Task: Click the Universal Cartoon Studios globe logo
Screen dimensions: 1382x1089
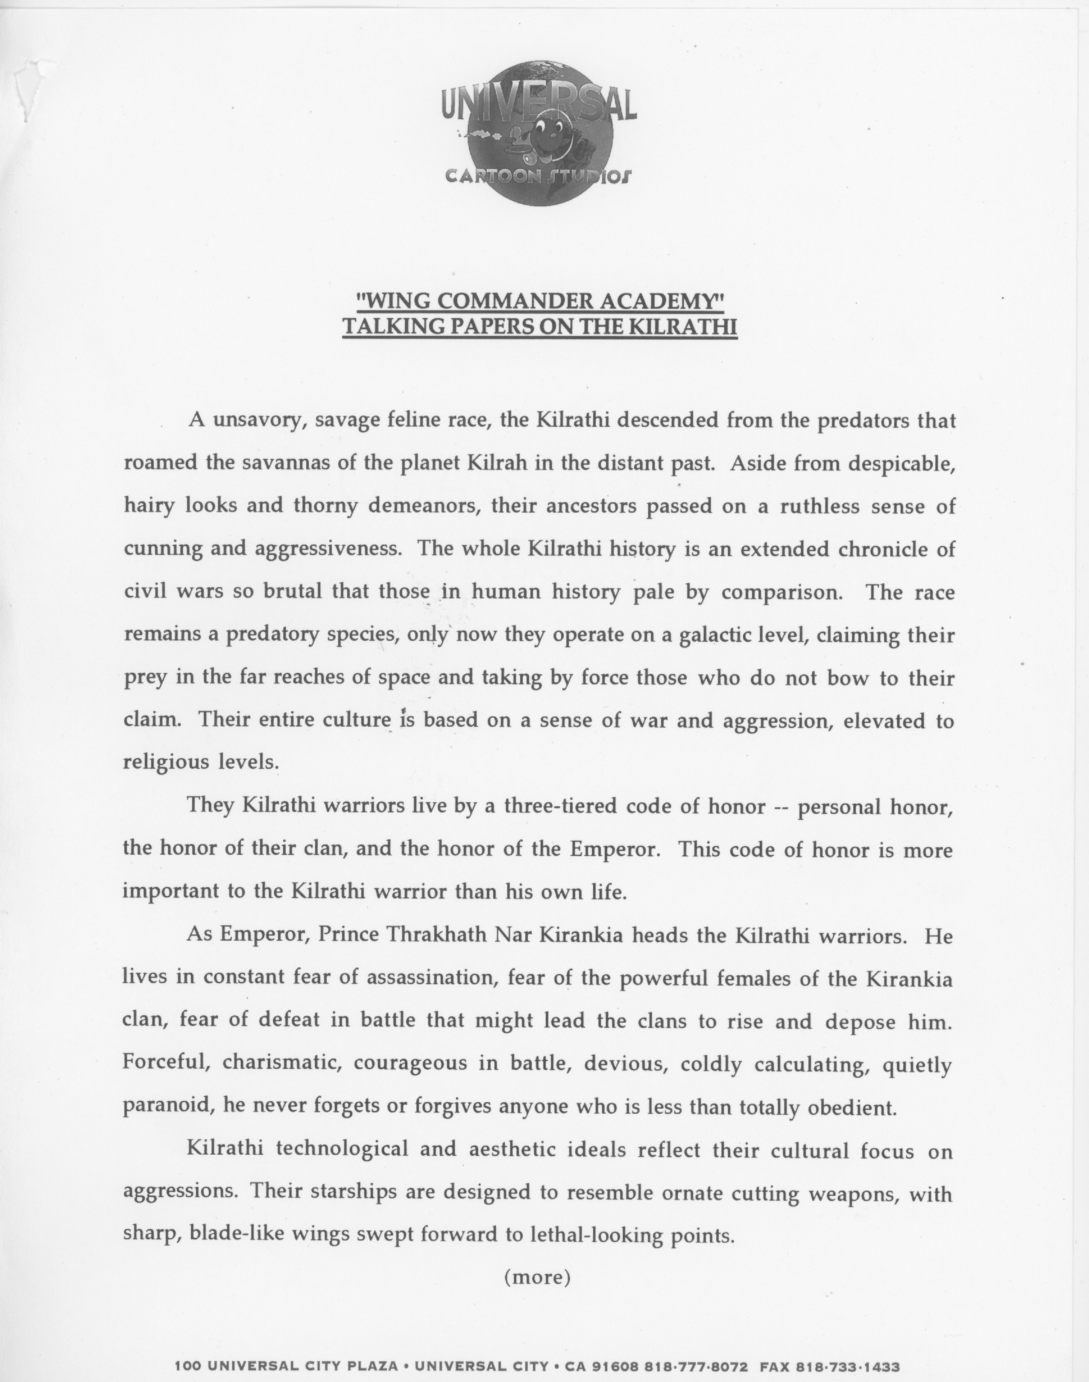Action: point(539,133)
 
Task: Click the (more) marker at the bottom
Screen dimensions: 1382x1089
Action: point(537,1277)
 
